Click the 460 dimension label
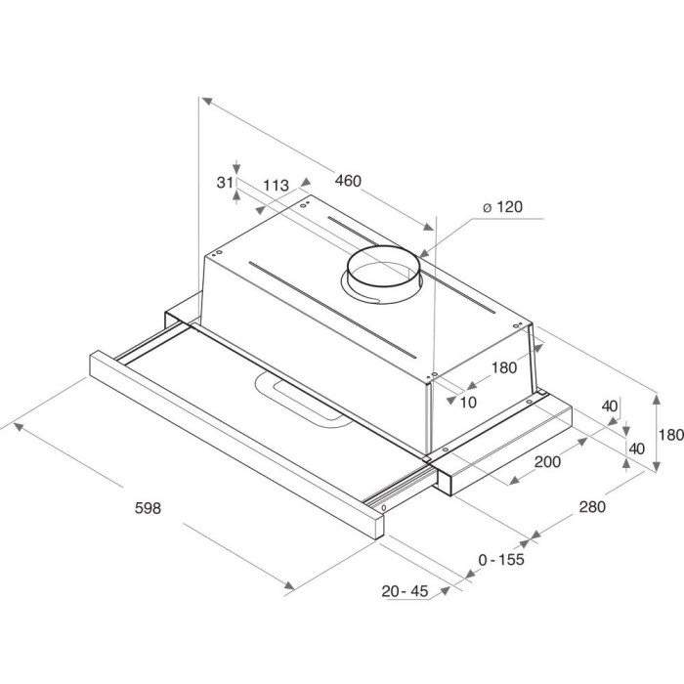pos(348,180)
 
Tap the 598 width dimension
pos(148,508)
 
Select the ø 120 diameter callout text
pos(502,206)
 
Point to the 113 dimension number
pos(277,186)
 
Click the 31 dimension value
pos(225,183)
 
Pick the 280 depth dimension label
pos(592,506)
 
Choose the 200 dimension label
pos(547,461)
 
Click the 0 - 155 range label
pos(501,559)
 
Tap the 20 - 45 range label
pos(405,591)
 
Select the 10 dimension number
pos(468,403)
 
